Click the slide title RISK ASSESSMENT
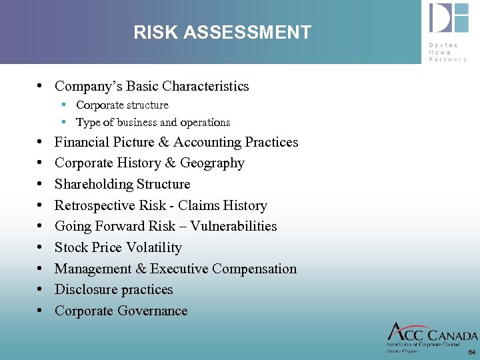222,32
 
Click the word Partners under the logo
448,59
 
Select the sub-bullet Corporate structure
122,105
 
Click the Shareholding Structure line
122,184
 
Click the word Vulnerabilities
233,227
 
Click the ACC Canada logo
432,335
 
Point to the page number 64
471,352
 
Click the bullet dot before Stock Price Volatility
42,248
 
